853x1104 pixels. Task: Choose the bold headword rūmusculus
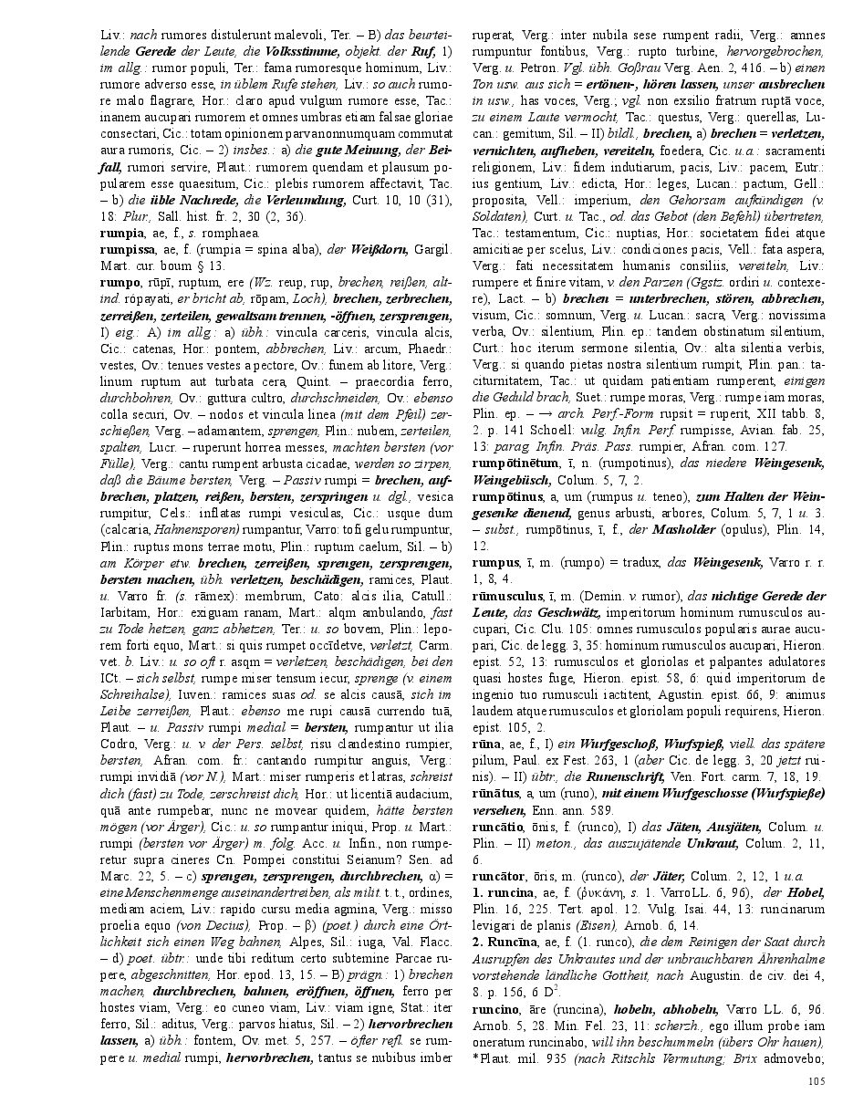[x=506, y=594]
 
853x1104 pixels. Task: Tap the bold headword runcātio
[x=497, y=827]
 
